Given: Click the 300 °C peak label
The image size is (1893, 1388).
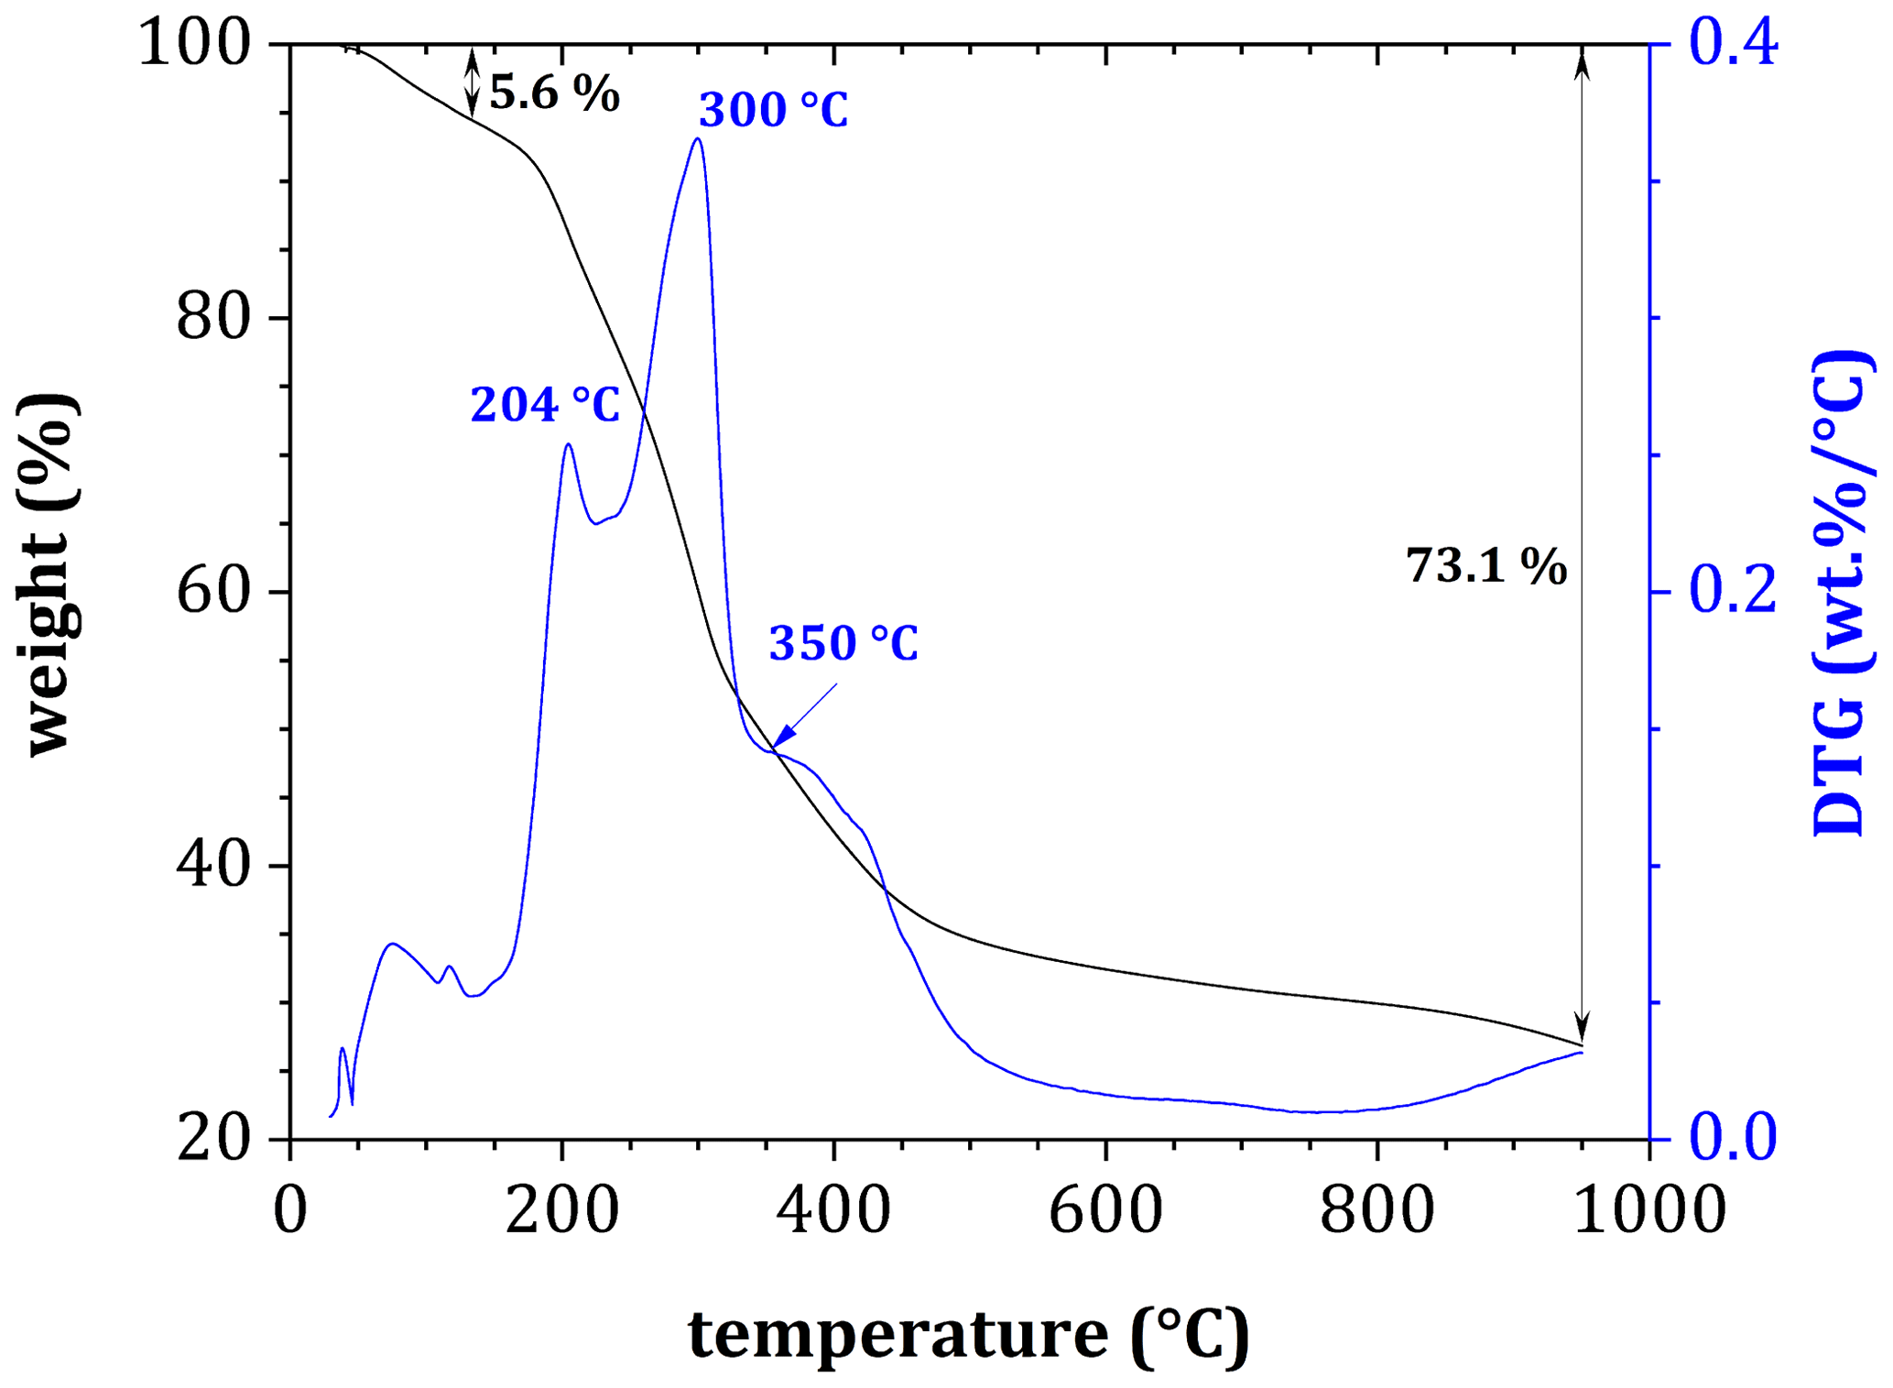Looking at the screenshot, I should point(773,110).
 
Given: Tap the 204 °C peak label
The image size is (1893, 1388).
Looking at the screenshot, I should point(545,404).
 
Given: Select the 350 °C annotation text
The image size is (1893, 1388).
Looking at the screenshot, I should point(843,643).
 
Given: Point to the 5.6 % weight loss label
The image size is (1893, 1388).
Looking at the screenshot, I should point(554,93).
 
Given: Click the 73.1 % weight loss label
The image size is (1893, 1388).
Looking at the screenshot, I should point(1485,565).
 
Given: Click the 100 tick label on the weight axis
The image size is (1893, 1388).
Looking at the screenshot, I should point(194,44).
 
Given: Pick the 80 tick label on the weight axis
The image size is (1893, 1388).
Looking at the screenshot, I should point(212,318).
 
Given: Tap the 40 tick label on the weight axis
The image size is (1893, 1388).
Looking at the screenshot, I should point(212,866).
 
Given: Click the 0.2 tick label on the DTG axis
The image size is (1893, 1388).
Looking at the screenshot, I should point(1733,591).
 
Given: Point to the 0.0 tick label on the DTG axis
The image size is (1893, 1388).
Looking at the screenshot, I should point(1733,1138).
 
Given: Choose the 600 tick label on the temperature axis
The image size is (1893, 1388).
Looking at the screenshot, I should point(1105,1210).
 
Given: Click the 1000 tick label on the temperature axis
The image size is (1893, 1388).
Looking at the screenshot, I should point(1648,1210).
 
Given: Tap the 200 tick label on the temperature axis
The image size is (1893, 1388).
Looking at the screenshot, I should point(562,1210).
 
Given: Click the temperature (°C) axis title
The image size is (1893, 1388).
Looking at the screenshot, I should point(968,1335).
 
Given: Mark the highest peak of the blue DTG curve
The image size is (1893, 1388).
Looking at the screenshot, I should point(698,139).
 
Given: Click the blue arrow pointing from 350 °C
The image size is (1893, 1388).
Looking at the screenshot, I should point(803,718).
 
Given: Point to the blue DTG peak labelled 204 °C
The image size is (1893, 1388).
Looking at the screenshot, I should point(569,445).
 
